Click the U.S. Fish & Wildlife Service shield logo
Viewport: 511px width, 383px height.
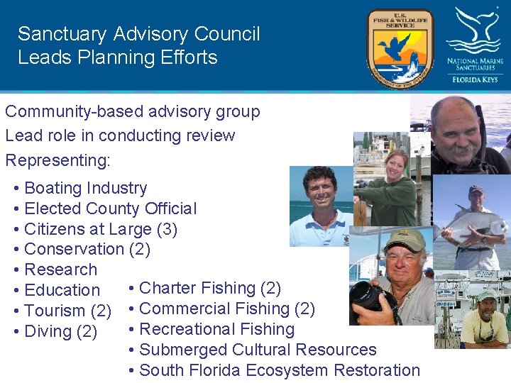click(400, 48)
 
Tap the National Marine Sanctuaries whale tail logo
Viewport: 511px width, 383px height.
click(475, 32)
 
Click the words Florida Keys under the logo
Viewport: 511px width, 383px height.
click(475, 79)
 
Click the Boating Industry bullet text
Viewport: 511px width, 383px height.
click(85, 188)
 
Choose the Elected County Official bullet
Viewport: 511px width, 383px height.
click(110, 209)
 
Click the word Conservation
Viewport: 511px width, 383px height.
click(74, 249)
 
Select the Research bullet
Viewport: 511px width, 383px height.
click(60, 270)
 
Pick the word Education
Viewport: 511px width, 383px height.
click(62, 290)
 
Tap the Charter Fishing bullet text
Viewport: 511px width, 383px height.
click(210, 288)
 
